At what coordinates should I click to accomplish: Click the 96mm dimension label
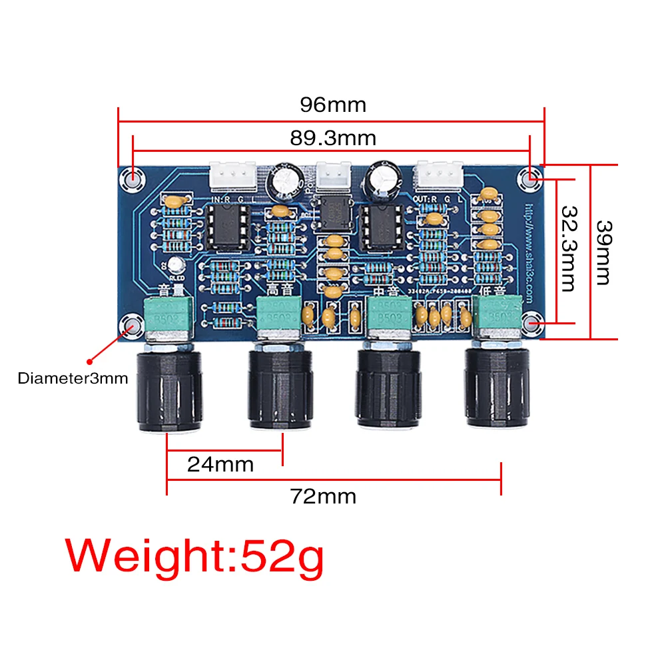point(332,105)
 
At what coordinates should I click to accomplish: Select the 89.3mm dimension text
point(332,139)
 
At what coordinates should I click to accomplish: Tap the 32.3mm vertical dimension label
point(567,248)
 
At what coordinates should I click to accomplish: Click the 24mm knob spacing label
point(220,464)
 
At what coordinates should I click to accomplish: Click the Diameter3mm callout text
point(73,379)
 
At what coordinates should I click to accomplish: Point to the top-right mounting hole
point(530,178)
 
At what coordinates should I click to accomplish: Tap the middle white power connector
point(332,176)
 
